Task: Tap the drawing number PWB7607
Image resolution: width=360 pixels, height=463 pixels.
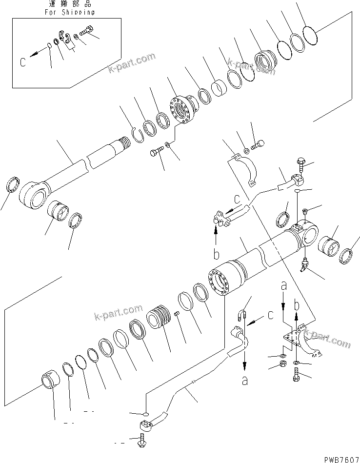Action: pyautogui.click(x=337, y=458)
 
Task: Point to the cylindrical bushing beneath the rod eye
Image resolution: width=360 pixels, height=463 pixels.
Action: pyautogui.click(x=58, y=215)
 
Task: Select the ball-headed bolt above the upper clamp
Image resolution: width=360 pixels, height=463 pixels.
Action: pyautogui.click(x=258, y=144)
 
